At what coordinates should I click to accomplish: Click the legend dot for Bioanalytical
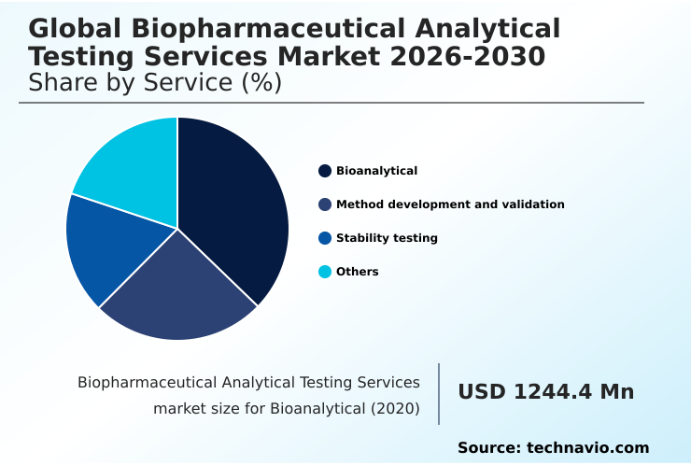pyautogui.click(x=325, y=171)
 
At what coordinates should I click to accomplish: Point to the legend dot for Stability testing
pyautogui.click(x=325, y=238)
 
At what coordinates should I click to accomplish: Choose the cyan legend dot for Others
pyautogui.click(x=325, y=272)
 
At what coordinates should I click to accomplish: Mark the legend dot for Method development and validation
pyautogui.click(x=325, y=204)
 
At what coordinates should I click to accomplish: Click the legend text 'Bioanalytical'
pyautogui.click(x=376, y=171)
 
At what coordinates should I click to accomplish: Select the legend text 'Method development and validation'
pyautogui.click(x=450, y=204)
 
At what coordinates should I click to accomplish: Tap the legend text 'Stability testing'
pyautogui.click(x=387, y=238)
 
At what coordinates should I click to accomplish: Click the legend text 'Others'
pyautogui.click(x=358, y=272)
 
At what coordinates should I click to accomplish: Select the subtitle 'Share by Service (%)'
pyautogui.click(x=155, y=82)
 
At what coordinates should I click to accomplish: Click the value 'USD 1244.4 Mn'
pyautogui.click(x=545, y=392)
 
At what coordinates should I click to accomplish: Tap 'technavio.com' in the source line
pyautogui.click(x=587, y=448)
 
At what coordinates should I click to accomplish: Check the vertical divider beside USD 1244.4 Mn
pyautogui.click(x=439, y=394)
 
